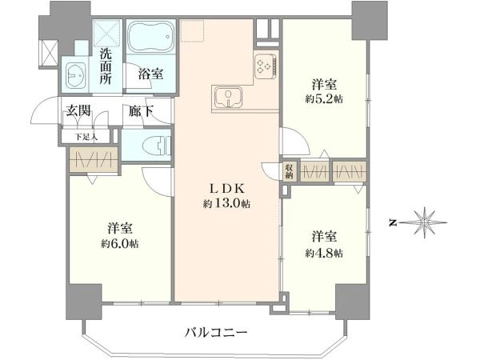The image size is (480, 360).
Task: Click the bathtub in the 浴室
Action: pyautogui.click(x=150, y=37)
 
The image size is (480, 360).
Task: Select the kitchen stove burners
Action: pyautogui.click(x=266, y=66)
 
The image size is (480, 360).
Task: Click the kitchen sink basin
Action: pyautogui.click(x=228, y=98)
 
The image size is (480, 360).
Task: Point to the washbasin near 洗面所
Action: pyautogui.click(x=75, y=75)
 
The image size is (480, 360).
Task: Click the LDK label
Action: pyautogui.click(x=227, y=189)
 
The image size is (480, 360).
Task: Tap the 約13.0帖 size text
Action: pyautogui.click(x=226, y=203)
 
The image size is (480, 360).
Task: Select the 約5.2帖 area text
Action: pyautogui.click(x=324, y=99)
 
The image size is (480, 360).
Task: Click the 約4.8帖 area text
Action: pyautogui.click(x=324, y=253)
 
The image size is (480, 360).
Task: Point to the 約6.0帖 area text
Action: pyautogui.click(x=120, y=244)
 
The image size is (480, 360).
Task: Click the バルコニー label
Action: pyautogui.click(x=216, y=332)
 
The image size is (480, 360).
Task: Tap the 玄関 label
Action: pyautogui.click(x=78, y=110)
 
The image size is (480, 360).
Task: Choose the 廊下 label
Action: pyautogui.click(x=141, y=111)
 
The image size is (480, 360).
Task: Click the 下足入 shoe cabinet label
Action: pyautogui.click(x=86, y=137)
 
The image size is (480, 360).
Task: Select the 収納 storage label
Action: pyautogui.click(x=289, y=171)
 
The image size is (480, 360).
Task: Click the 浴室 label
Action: pyautogui.click(x=150, y=74)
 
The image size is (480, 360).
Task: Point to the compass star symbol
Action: pyautogui.click(x=424, y=222)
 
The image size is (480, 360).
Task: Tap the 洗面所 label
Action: pyautogui.click(x=106, y=66)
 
